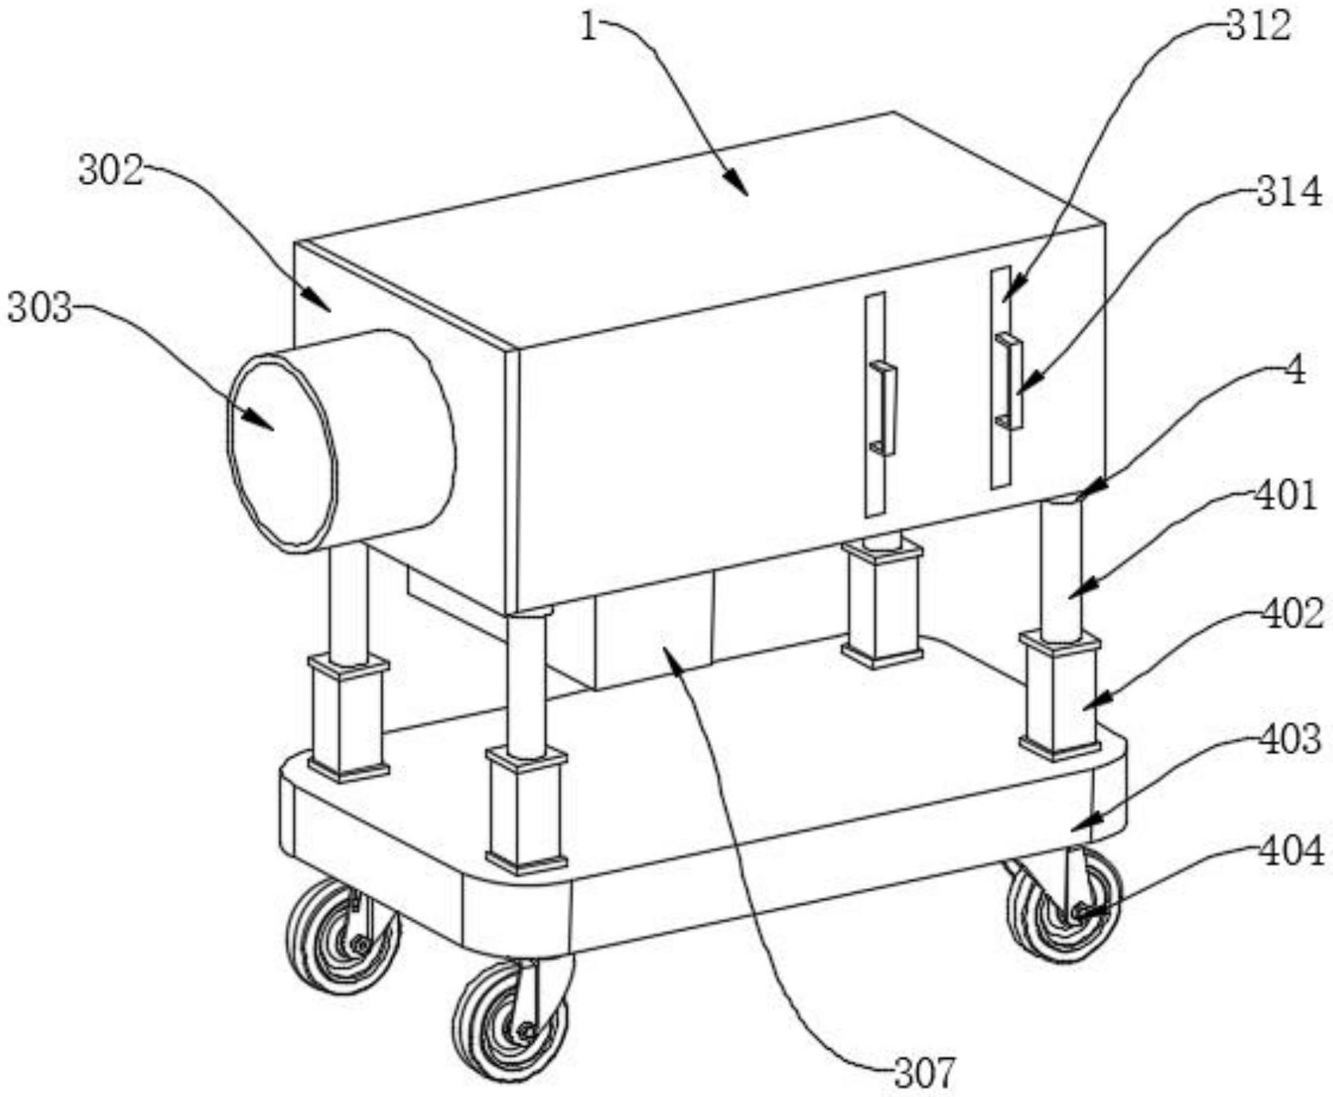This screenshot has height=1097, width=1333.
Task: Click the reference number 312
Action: [1257, 25]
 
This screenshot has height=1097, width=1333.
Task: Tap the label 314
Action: [1289, 192]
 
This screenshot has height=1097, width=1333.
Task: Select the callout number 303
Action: [40, 308]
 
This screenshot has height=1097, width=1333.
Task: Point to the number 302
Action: [110, 170]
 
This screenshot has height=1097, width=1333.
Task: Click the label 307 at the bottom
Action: [924, 1073]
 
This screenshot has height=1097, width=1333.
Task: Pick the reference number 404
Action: [1291, 851]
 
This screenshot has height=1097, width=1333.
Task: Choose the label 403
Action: [1291, 738]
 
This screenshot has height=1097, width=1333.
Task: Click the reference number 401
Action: [1285, 497]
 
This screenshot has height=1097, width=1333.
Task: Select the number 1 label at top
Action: [588, 29]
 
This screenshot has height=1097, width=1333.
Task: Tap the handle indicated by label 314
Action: [1009, 382]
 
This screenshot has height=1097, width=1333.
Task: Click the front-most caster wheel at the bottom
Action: [509, 1021]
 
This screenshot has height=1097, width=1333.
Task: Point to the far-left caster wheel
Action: [342, 935]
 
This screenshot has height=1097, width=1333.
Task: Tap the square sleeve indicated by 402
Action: [1060, 692]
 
